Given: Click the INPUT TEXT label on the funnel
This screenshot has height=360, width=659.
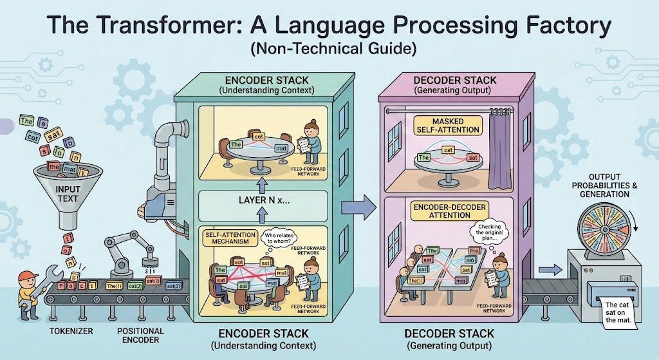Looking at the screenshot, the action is click(69, 194).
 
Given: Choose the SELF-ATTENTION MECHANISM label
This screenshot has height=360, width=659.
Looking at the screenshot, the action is click(228, 239).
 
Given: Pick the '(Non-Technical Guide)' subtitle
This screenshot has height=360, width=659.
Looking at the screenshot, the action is click(328, 49).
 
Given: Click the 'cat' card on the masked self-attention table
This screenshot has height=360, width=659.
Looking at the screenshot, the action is click(449, 151).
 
